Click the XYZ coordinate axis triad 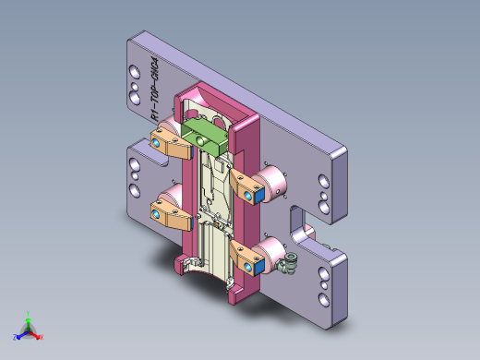coord(28,329)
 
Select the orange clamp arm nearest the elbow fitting coord(249,259)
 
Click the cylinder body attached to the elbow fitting coord(274,249)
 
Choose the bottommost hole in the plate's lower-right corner coord(322,299)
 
